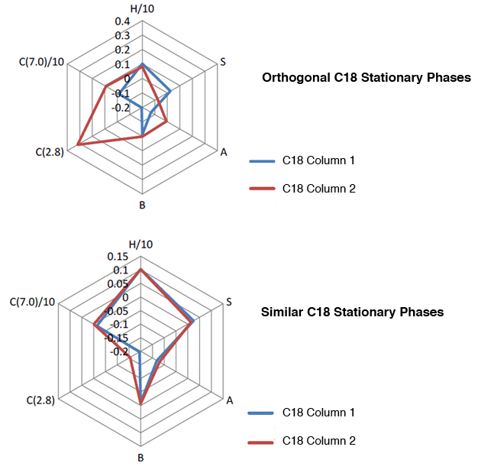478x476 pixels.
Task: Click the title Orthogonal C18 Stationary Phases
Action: pos(366,78)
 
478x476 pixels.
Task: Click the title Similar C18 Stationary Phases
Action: pos(352,312)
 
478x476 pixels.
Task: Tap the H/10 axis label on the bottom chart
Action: pos(141,244)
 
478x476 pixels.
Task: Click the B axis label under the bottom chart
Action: pos(141,458)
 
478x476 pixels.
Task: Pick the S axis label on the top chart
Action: pos(222,61)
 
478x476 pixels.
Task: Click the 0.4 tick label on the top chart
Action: pos(123,21)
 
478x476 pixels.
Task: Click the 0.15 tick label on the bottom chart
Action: pos(118,257)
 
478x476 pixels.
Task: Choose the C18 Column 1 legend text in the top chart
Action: pos(318,160)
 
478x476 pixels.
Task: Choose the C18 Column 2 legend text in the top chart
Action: pos(318,188)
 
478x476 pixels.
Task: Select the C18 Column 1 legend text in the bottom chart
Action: pos(318,413)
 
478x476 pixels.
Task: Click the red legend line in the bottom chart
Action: pos(260,441)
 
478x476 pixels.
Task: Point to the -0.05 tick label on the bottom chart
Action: pos(115,312)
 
